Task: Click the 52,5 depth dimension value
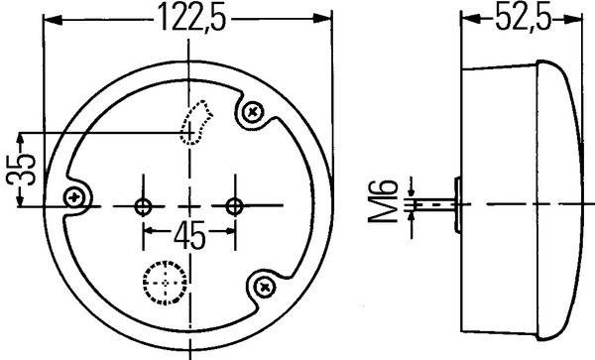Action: tap(523, 17)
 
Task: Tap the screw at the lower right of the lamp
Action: tap(263, 287)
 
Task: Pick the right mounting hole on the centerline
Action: tap(234, 206)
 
